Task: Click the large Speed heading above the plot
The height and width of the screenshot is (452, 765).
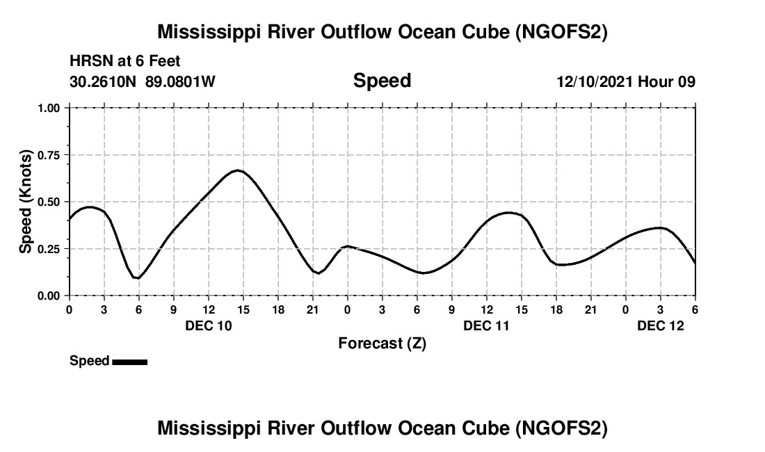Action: [382, 81]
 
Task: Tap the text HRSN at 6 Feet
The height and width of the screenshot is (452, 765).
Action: [125, 62]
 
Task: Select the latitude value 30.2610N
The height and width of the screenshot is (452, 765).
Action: [104, 81]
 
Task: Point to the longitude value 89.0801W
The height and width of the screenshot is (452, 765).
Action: [180, 81]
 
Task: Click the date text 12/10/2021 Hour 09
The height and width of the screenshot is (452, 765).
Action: [625, 81]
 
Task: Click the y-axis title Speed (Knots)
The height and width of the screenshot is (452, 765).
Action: [26, 202]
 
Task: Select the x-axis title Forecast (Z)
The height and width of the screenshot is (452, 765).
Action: [382, 343]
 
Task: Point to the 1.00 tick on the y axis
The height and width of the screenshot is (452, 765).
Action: [49, 108]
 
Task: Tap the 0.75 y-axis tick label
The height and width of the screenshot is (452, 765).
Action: [49, 155]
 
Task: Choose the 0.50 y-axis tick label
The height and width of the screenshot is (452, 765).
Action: [49, 202]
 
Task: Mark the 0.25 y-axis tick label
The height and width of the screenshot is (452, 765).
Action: [49, 249]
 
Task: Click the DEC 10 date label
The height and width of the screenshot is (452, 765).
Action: [209, 325]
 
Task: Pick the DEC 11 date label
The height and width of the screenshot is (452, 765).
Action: [487, 325]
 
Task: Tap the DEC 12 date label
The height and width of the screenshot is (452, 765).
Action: [661, 325]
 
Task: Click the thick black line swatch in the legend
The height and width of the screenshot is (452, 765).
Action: [129, 362]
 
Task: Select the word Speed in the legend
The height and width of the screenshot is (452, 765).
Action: [89, 361]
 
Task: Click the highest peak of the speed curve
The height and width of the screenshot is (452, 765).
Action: [238, 170]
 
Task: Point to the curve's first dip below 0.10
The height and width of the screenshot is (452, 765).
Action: [138, 278]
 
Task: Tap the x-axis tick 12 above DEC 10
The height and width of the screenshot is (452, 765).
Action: [208, 309]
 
